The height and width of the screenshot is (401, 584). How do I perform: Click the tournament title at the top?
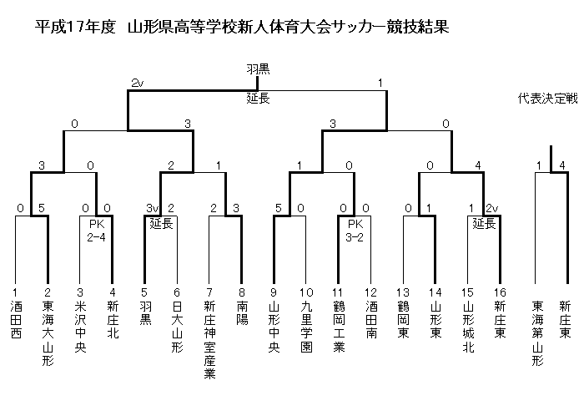tap(242, 28)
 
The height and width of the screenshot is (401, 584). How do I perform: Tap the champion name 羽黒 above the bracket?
tap(258, 69)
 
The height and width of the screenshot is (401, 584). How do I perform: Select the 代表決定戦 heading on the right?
tap(547, 98)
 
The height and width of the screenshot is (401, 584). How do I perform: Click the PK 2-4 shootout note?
tap(97, 231)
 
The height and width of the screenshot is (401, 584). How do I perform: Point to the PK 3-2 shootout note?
tap(355, 231)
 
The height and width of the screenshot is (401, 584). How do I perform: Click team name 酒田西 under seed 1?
tap(16, 320)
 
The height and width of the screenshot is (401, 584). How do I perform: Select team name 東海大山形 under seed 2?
tap(48, 333)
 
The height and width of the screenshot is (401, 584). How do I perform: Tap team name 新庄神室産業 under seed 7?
tap(209, 340)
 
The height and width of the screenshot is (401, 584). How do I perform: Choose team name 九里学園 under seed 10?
tap(306, 327)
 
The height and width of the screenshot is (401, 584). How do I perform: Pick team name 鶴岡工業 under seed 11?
tap(339, 327)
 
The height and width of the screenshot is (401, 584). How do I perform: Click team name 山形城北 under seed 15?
tap(468, 327)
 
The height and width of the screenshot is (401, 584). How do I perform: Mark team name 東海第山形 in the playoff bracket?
tap(537, 333)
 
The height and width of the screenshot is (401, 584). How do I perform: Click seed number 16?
tap(500, 292)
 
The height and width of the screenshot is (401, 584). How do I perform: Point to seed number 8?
tap(242, 292)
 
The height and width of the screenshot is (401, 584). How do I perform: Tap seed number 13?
tap(403, 292)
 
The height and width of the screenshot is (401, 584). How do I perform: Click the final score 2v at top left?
tap(137, 84)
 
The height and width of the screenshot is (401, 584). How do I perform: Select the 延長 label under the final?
tap(258, 99)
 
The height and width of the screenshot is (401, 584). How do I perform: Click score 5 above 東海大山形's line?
tap(42, 208)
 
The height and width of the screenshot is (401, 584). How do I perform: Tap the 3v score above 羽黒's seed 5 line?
tap(152, 208)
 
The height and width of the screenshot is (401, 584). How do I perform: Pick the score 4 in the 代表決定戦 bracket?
tap(562, 165)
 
